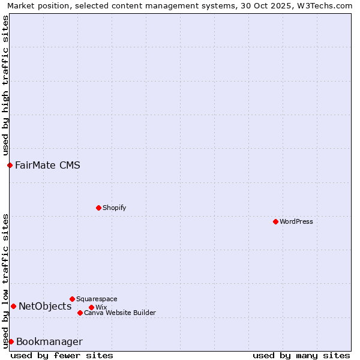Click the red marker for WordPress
click(x=275, y=221)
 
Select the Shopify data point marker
click(x=98, y=208)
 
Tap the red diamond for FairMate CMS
click(x=10, y=165)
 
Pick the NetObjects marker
click(x=13, y=306)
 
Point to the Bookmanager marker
click(x=11, y=341)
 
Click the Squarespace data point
click(x=72, y=299)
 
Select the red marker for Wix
click(x=91, y=307)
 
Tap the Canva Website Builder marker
click(x=80, y=313)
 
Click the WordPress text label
click(x=296, y=221)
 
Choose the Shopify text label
click(x=114, y=208)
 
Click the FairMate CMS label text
click(x=47, y=165)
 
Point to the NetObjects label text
click(x=45, y=306)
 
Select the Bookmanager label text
click(x=49, y=341)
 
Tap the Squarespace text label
click(x=97, y=299)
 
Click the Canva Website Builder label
click(x=120, y=313)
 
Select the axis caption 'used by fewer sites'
click(x=62, y=355)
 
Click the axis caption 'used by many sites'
click(x=301, y=355)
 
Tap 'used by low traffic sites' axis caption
click(x=5, y=280)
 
